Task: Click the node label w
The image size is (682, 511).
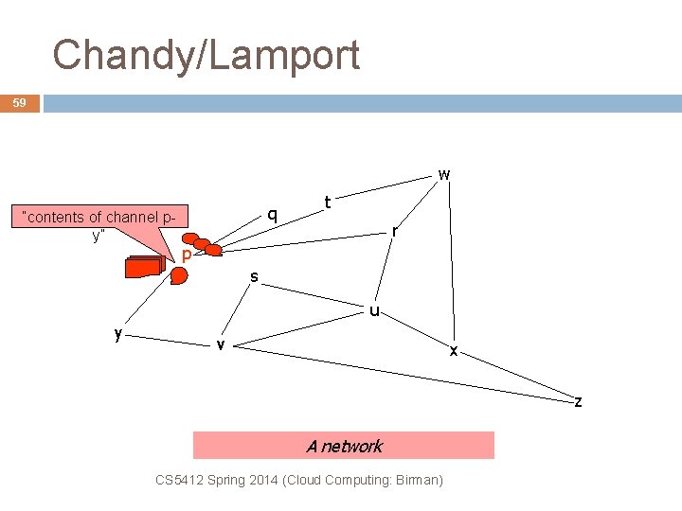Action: [x=443, y=174]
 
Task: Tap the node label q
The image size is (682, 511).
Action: [x=272, y=215]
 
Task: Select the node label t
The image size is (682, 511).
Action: [x=327, y=202]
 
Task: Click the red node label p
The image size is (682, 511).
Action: [x=188, y=255]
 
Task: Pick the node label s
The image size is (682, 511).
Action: [x=254, y=276]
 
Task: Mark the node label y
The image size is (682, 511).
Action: [x=117, y=333]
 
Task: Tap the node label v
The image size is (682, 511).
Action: [x=220, y=344]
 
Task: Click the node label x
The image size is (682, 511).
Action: [x=454, y=350]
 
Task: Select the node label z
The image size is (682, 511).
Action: [x=578, y=402]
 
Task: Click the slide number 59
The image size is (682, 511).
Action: [x=19, y=102]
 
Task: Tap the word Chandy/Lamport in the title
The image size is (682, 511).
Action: [x=206, y=55]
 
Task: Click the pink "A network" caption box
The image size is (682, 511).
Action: [x=344, y=446]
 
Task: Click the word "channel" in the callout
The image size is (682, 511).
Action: [x=131, y=218]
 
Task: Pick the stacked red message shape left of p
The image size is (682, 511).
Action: [x=143, y=268]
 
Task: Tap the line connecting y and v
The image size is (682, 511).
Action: [x=169, y=339]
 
